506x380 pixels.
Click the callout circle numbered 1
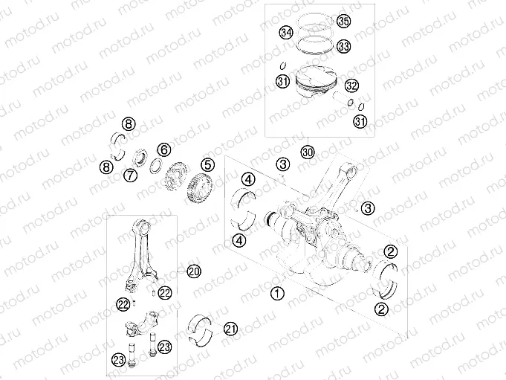pos(276,294)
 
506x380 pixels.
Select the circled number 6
pos(163,149)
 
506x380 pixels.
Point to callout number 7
pos(129,175)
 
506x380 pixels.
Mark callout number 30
pos(308,152)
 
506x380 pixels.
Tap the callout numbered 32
pos(351,86)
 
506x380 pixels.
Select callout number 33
pos(343,46)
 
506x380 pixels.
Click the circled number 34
pos(285,33)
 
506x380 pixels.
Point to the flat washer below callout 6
pos(158,166)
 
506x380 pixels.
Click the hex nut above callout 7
pos(139,158)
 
